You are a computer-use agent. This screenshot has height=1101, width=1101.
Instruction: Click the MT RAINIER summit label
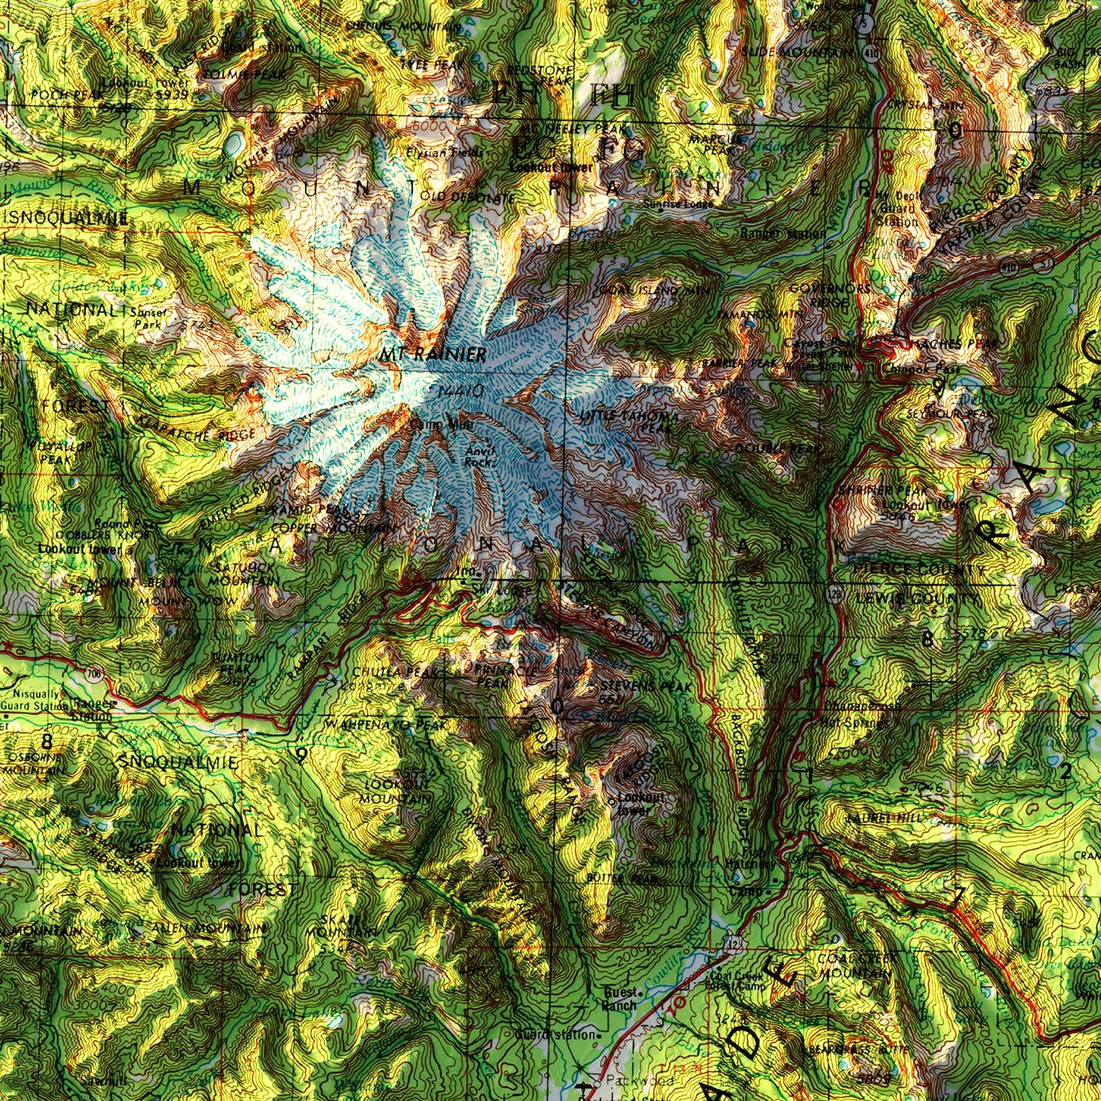pyautogui.click(x=434, y=354)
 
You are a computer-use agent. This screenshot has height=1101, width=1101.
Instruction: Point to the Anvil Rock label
pyautogui.click(x=479, y=456)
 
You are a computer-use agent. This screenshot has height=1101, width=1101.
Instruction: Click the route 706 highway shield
pyautogui.click(x=94, y=674)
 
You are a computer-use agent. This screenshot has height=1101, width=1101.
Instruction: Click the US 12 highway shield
pyautogui.click(x=732, y=945)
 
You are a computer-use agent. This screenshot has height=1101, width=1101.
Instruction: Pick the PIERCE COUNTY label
pyautogui.click(x=914, y=568)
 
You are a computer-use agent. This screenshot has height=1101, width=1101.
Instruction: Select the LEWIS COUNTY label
pyautogui.click(x=914, y=599)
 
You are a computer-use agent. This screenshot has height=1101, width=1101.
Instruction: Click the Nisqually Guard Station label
pyautogui.click(x=36, y=699)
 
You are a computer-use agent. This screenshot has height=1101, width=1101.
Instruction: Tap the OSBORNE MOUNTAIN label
pyautogui.click(x=27, y=764)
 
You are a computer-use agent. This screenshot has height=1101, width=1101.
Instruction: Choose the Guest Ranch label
pyautogui.click(x=620, y=999)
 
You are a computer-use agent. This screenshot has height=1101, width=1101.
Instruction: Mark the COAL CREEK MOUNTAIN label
pyautogui.click(x=853, y=965)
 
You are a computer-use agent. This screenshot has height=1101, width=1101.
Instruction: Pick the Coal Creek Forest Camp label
pyautogui.click(x=736, y=981)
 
